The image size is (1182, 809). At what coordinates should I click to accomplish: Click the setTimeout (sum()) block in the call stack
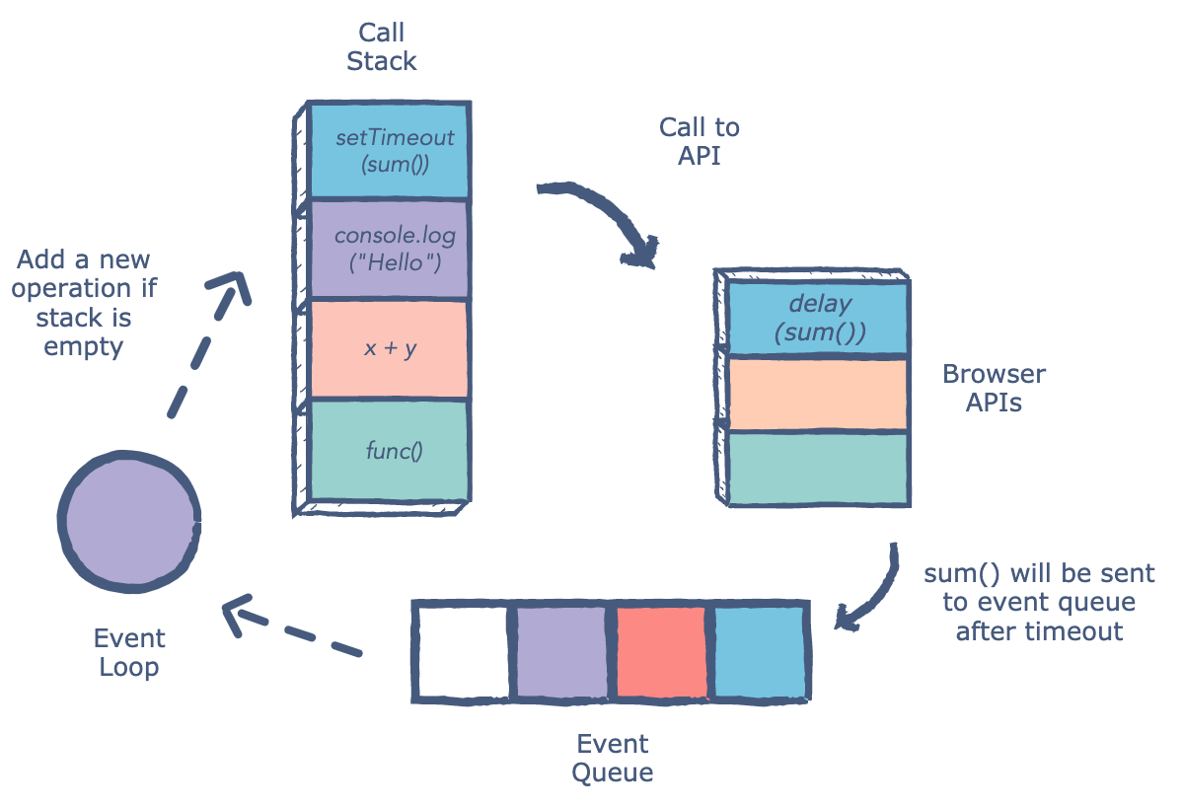click(389, 150)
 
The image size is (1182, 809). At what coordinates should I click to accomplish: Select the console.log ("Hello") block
click(389, 251)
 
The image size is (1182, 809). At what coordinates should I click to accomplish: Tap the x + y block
click(389, 348)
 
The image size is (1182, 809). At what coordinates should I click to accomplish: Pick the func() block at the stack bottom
click(389, 451)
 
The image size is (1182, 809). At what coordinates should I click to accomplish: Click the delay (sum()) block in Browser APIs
click(817, 319)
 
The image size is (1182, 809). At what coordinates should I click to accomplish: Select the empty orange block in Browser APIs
click(817, 395)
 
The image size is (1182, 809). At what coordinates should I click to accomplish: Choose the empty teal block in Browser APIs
click(817, 468)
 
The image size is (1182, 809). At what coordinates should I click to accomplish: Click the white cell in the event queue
click(462, 652)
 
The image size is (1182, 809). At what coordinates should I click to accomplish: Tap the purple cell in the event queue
click(561, 652)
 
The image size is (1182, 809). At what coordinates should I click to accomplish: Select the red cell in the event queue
click(662, 652)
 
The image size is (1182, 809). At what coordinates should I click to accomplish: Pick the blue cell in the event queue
click(760, 652)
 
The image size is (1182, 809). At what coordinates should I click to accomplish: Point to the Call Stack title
click(381, 46)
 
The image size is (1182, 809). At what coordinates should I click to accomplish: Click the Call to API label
click(700, 141)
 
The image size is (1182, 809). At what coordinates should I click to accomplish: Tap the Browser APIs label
click(994, 389)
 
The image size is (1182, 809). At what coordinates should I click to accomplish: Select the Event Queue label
click(613, 757)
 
